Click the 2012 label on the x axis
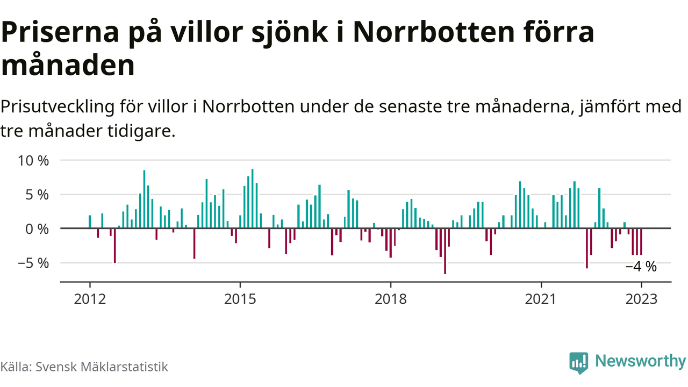click(x=90, y=299)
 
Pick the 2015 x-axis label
click(x=240, y=299)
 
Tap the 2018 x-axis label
click(x=390, y=299)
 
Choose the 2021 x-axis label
click(x=541, y=299)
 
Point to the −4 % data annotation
click(x=641, y=267)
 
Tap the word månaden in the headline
click(x=68, y=66)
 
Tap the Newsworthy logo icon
click(x=578, y=363)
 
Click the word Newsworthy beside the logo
click(x=640, y=361)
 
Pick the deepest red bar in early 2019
click(x=445, y=251)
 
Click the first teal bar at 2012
click(x=90, y=221)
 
